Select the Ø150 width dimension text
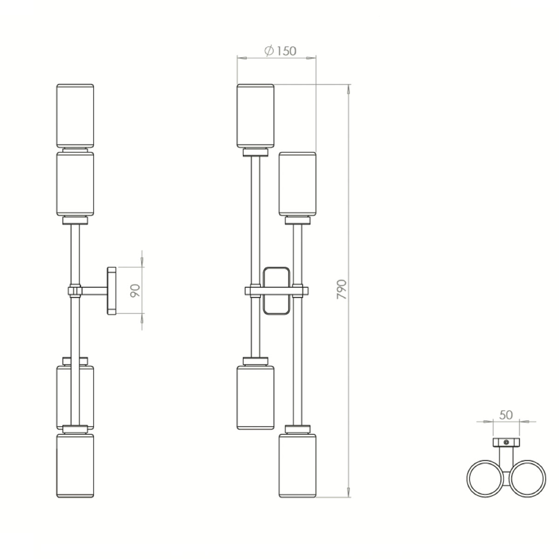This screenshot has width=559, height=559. coord(280,51)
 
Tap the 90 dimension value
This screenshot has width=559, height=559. coord(135,291)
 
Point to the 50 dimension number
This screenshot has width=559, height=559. coord(506,415)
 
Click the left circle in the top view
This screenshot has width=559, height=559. coord(485,479)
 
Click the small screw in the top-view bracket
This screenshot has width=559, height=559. coord(506,442)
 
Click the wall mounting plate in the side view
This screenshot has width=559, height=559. coord(111,291)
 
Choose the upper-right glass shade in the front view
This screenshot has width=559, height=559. coord(297,184)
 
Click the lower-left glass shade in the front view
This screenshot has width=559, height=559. coord(255,397)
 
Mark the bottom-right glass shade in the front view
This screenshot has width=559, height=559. coord(297,465)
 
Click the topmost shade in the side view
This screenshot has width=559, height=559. coord(75,116)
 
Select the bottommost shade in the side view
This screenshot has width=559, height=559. coord(75,465)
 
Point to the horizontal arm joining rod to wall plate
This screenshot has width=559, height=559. coord(95,291)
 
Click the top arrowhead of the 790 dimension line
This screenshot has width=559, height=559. coord(349,89)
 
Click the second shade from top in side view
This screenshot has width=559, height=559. coord(75,184)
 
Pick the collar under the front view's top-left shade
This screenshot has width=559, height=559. coord(255,152)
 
